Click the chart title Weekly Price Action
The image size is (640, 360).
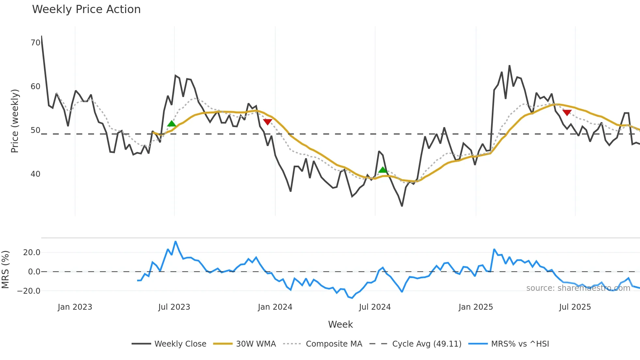(x=86, y=9)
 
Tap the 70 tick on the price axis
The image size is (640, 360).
(x=35, y=43)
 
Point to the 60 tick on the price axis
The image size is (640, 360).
(x=35, y=87)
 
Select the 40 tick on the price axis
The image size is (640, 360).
(x=35, y=174)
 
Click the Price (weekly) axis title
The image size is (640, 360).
(x=15, y=121)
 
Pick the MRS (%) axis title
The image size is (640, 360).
(x=5, y=270)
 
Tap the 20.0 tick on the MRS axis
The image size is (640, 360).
(x=32, y=253)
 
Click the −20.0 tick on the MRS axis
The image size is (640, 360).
(x=29, y=291)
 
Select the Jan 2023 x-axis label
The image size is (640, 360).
(x=75, y=307)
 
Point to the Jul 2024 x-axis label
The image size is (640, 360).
(x=375, y=307)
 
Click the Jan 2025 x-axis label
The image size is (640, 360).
(x=475, y=307)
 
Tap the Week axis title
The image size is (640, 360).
(x=340, y=324)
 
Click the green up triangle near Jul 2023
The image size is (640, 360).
(x=171, y=123)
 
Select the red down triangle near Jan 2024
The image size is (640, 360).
(x=267, y=122)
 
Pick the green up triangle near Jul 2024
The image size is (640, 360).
(x=382, y=170)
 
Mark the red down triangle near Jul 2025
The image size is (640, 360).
(x=567, y=113)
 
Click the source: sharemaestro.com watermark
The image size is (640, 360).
(x=578, y=288)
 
